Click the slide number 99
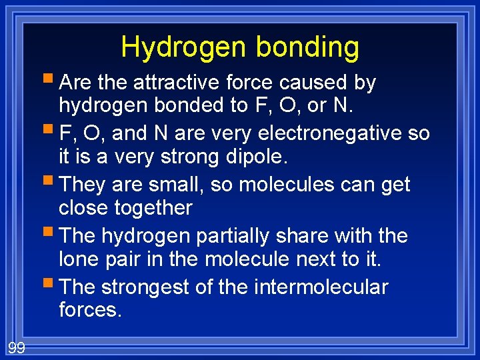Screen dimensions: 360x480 16,347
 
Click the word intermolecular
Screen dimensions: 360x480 321,287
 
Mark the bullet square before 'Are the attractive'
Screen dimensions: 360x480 51,81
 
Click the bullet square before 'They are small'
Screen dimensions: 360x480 51,183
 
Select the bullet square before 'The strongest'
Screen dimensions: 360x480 51,286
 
